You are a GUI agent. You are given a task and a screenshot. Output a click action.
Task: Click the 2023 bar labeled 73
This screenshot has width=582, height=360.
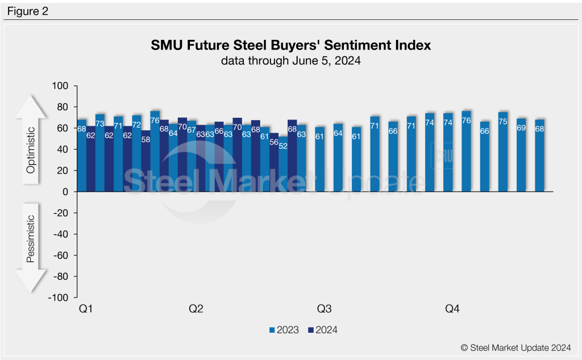100,154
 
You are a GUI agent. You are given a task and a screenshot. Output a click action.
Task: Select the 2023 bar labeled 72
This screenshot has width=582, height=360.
136,154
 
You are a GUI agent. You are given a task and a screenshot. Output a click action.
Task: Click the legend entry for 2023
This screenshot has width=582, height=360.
284,330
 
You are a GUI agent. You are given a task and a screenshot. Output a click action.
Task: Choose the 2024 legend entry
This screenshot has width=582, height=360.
322,330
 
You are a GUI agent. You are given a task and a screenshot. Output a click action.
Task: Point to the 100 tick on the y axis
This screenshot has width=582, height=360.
60,86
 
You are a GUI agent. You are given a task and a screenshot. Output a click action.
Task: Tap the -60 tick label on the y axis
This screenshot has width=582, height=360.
59,255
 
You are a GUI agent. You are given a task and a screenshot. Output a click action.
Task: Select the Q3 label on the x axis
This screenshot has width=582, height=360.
324,309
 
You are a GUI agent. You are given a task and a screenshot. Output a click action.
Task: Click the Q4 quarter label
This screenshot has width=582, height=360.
452,309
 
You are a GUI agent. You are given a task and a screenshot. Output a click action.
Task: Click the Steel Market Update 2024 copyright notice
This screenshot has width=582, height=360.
517,347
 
